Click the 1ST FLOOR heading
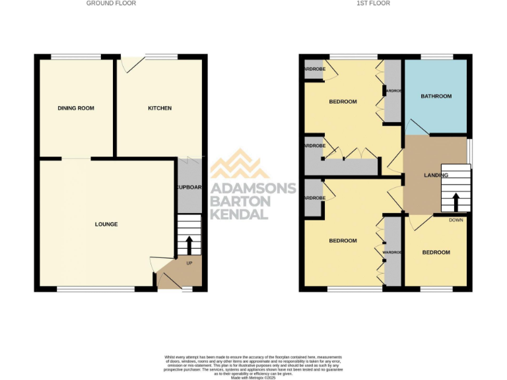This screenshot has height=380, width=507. pos(374,3)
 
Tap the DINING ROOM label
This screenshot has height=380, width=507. pos(74,108)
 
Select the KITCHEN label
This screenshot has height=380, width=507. pos(159,108)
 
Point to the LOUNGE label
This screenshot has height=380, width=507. pos(106,224)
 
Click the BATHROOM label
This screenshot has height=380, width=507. pos(436,96)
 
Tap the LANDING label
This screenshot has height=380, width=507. pos(436,175)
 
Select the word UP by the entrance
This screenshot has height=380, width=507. pos(189,263)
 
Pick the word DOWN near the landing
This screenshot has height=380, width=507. pos(456,220)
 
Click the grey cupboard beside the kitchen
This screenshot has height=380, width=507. pos(188,186)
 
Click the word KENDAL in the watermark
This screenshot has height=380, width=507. pos(239,214)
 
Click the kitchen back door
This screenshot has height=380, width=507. pos(131,64)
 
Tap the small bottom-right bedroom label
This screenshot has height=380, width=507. pos(436,253)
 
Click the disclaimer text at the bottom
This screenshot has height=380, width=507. pos(253,364)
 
